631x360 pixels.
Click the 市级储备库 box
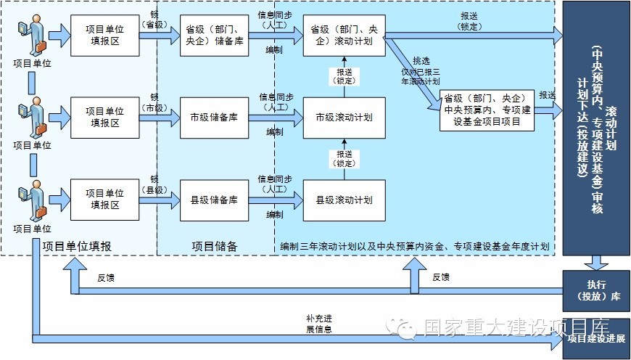[214, 118]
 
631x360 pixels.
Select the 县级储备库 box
[214, 200]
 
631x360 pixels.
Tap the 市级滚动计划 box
[344, 118]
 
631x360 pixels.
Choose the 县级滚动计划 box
[344, 200]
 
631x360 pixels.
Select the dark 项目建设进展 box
[596, 338]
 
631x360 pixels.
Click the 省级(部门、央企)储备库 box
[214, 35]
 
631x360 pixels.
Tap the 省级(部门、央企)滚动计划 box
[344, 35]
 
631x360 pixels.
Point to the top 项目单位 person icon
[33, 37]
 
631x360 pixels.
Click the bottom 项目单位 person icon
[33, 202]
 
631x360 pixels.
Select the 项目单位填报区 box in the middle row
[105, 118]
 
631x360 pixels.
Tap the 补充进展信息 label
[319, 324]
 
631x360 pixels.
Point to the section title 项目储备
[215, 247]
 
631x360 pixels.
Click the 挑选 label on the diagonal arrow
[421, 61]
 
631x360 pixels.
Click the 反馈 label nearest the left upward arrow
[105, 277]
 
